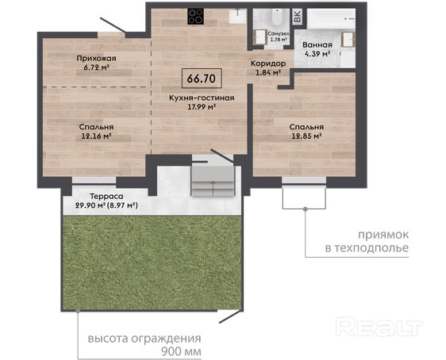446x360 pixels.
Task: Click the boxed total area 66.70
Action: coord(202,79)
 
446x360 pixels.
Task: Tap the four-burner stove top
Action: coord(196,17)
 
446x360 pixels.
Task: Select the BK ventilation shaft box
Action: coord(297,16)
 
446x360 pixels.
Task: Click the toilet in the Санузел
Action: coord(277,17)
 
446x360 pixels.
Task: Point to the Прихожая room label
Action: coord(97,59)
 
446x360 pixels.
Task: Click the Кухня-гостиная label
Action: coord(202,98)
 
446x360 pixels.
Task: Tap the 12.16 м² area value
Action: coord(96,136)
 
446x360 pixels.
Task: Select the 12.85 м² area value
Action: coord(306,136)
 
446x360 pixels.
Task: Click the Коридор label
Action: coord(268,63)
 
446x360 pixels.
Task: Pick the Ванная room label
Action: coord(317,45)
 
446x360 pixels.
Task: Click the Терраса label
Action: coord(106,197)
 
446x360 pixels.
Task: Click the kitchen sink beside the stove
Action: coord(238,16)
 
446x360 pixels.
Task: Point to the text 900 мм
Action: coord(181,351)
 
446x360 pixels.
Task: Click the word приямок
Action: coord(383,235)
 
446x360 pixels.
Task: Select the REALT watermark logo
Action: coord(379,327)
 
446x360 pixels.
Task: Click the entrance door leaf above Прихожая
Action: coord(113,25)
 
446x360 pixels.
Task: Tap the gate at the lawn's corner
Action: coord(229,316)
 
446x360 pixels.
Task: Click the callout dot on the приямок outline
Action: coord(306,209)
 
